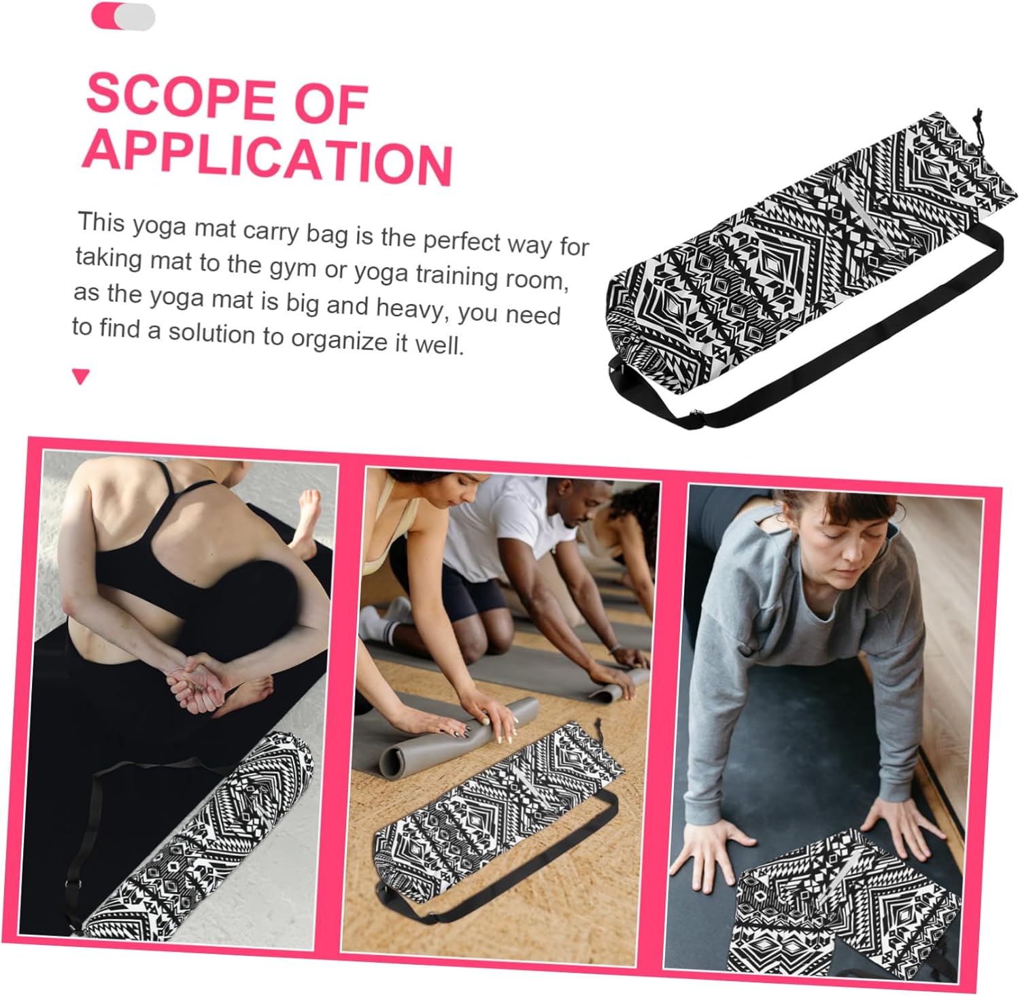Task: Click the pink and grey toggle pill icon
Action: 123,16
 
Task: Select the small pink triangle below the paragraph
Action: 81,376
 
